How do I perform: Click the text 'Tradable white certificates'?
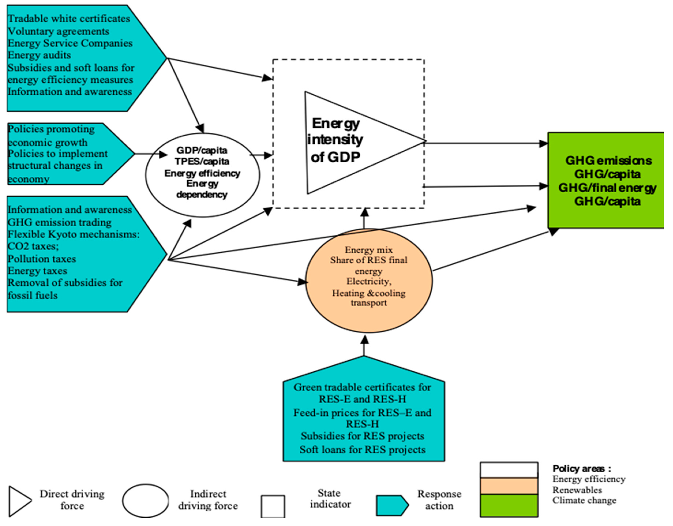[69, 18]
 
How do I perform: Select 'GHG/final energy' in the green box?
[607, 188]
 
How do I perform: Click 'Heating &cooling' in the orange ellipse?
[369, 293]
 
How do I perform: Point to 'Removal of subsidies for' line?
[65, 283]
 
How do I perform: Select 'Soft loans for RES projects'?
[362, 449]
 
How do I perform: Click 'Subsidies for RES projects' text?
[362, 436]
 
